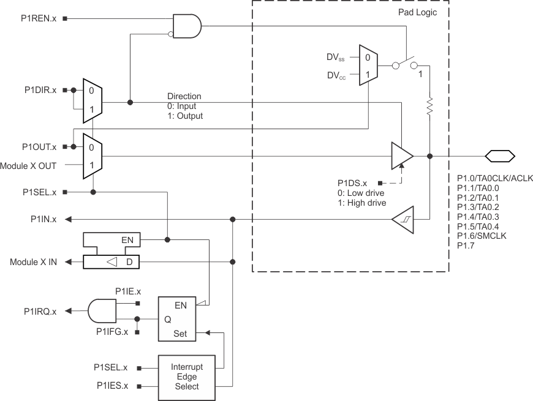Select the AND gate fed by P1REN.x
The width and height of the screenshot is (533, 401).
pos(187,26)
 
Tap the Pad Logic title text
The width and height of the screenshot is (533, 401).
pos(417,12)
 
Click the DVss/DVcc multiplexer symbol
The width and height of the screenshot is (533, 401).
pos(367,66)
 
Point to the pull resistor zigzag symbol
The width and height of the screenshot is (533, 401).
pos(430,107)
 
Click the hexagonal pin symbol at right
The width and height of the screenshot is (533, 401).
pos(499,156)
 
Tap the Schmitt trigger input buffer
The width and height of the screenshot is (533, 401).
pos(402,219)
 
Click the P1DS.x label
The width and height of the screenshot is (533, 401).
pos(352,183)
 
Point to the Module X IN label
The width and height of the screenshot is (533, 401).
pos(34,262)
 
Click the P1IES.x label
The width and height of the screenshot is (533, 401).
pos(113,386)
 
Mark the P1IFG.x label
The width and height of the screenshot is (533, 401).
pos(113,332)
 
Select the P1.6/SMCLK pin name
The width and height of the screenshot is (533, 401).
pos(482,236)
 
